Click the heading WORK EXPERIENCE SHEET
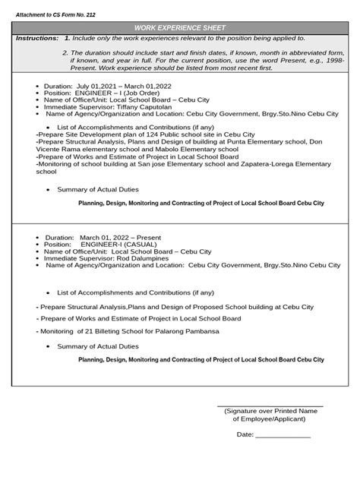tap(180, 25)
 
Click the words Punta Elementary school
tap(257, 141)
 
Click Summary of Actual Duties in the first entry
tap(94, 189)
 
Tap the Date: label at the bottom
tap(245, 434)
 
